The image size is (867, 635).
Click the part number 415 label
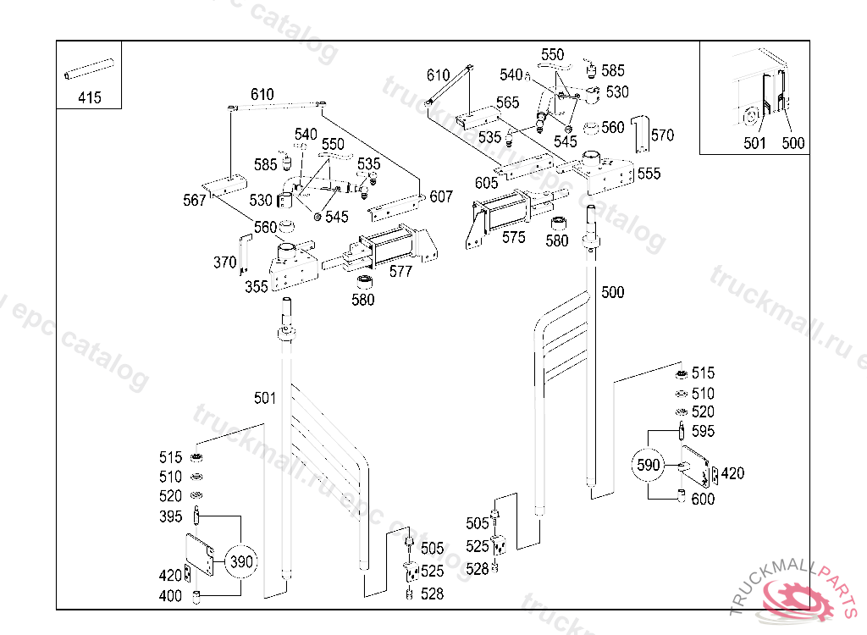coord(89,97)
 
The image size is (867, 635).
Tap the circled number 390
coord(242,560)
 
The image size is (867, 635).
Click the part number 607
coord(441,196)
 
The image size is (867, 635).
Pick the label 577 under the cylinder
coord(400,271)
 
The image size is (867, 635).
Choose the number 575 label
coord(513,237)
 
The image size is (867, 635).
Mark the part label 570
coord(662,135)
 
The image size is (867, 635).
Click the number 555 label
coord(649,174)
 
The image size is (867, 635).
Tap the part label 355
coord(257,286)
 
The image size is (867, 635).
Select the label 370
coord(224,262)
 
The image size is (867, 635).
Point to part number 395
coord(170,516)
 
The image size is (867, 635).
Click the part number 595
coord(703,431)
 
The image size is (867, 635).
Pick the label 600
coord(703,499)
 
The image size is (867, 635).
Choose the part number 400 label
coord(170,596)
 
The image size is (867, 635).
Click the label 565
coord(508,102)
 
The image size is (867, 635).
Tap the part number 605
coord(486,183)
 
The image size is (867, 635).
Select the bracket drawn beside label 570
coord(643,130)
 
